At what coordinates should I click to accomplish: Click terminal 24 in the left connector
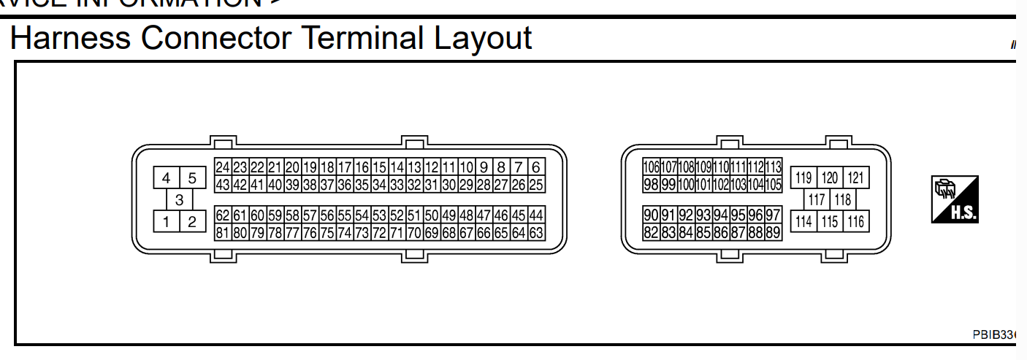click(223, 167)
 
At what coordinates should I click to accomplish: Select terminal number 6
click(536, 167)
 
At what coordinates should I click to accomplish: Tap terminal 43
click(223, 185)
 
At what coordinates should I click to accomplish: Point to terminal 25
click(536, 185)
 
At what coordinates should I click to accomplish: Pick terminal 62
click(223, 215)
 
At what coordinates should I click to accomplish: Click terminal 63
click(536, 233)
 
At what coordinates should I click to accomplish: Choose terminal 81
click(223, 233)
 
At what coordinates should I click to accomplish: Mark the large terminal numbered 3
click(179, 199)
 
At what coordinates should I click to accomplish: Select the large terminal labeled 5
click(192, 178)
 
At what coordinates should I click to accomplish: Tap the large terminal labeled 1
click(167, 221)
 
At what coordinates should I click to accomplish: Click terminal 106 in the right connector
click(651, 167)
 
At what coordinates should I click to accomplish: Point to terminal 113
click(774, 167)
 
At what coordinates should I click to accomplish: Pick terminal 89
click(774, 233)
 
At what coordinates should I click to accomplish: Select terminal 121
click(855, 178)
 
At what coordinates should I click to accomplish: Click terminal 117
click(817, 199)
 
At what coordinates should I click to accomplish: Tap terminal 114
click(803, 221)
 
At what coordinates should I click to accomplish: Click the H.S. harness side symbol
click(954, 199)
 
